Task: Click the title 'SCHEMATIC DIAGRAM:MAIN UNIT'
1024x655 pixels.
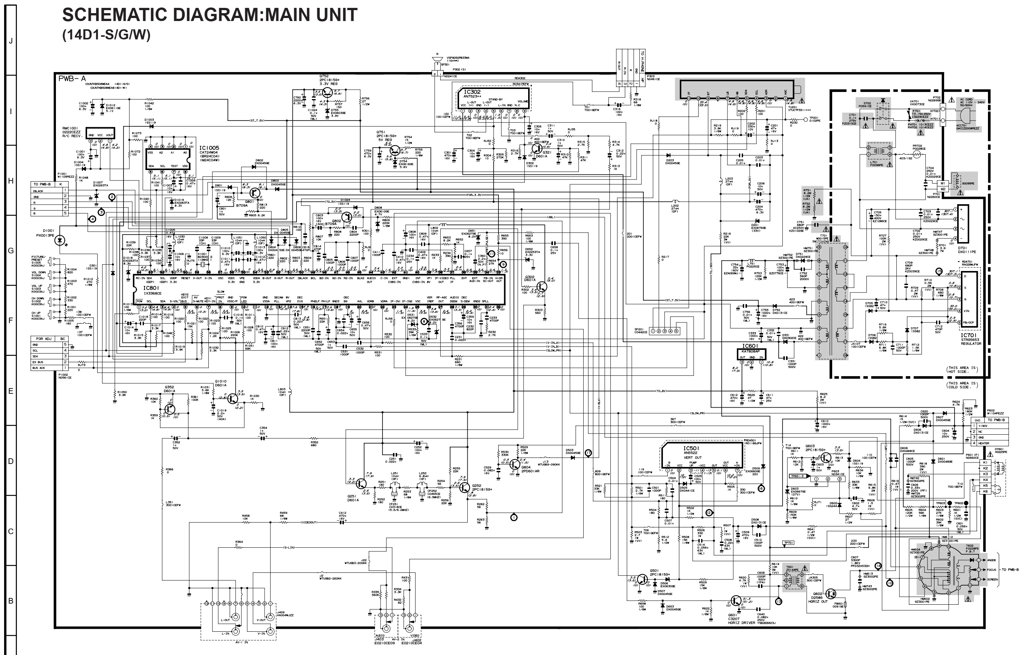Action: pyautogui.click(x=210, y=15)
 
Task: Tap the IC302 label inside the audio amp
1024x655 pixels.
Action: pyautogui.click(x=472, y=92)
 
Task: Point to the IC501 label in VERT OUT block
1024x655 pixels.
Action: pyautogui.click(x=691, y=448)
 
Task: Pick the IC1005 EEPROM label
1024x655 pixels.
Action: pyautogui.click(x=209, y=148)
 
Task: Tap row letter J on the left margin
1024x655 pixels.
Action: pyautogui.click(x=11, y=41)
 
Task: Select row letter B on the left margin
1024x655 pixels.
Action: pyautogui.click(x=11, y=601)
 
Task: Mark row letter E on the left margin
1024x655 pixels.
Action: pyautogui.click(x=11, y=391)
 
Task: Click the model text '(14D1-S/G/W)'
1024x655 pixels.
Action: pyautogui.click(x=106, y=35)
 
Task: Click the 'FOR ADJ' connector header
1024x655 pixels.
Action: pyautogui.click(x=44, y=339)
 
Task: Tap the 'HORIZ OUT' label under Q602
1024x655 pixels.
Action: pyautogui.click(x=818, y=601)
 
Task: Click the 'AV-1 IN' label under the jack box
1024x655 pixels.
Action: pyautogui.click(x=241, y=642)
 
